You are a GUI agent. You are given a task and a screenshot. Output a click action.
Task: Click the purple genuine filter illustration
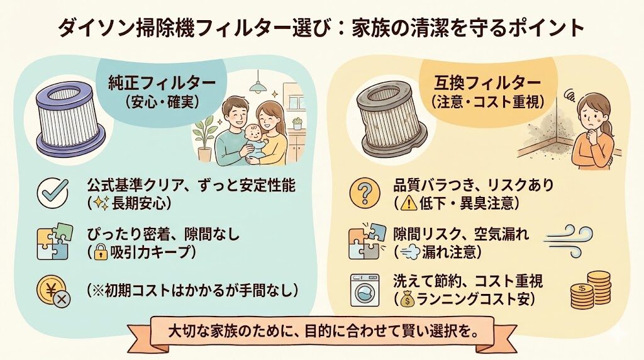click(69, 119)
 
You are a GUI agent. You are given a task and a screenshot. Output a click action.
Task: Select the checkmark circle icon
click(53, 193)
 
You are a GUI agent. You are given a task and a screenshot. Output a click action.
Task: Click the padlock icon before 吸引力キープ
click(102, 253)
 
